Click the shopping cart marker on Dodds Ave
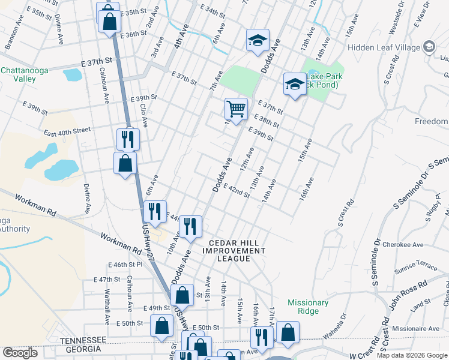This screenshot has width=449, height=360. pyautogui.click(x=236, y=109)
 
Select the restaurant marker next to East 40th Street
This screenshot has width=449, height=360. pyautogui.click(x=128, y=140)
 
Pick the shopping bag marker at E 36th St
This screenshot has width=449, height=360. pyautogui.click(x=110, y=22)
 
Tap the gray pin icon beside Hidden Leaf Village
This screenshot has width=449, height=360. pyautogui.click(x=429, y=47)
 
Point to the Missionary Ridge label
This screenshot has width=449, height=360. pyautogui.click(x=308, y=307)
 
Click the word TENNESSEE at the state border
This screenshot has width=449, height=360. pyautogui.click(x=84, y=340)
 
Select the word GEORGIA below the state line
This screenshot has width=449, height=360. pyautogui.click(x=83, y=349)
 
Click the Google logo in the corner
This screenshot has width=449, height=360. pyautogui.click(x=19, y=353)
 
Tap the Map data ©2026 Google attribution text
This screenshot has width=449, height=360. pyautogui.click(x=412, y=355)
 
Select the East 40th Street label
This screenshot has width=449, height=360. pyautogui.click(x=67, y=130)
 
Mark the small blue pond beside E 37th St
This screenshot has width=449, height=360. pyautogui.click(x=72, y=74)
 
